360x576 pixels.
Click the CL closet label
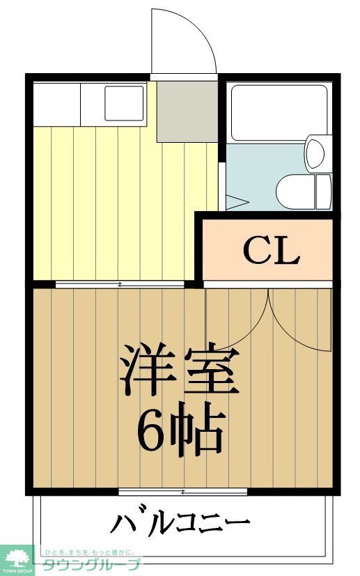pos(271,251)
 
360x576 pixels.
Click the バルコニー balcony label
pos(180,522)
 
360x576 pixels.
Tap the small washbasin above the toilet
pos(315,153)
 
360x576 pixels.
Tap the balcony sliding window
pos(182,492)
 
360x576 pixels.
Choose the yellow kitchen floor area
pos(111,202)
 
